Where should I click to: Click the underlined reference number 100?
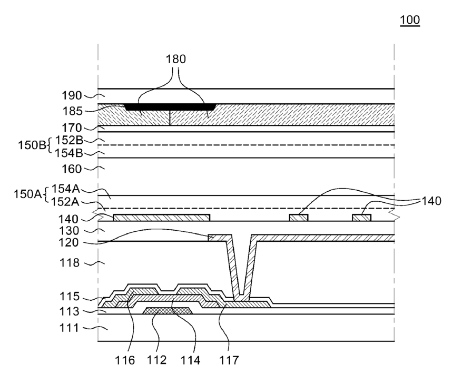(410, 19)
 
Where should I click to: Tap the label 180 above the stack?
(175, 59)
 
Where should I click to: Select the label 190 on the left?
(72, 95)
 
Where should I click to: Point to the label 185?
(73, 111)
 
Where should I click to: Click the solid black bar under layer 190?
(171, 107)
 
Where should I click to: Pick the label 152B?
(69, 140)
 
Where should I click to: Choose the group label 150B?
(32, 145)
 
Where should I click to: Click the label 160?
(71, 169)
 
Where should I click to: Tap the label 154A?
(65, 189)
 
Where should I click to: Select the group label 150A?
(28, 194)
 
